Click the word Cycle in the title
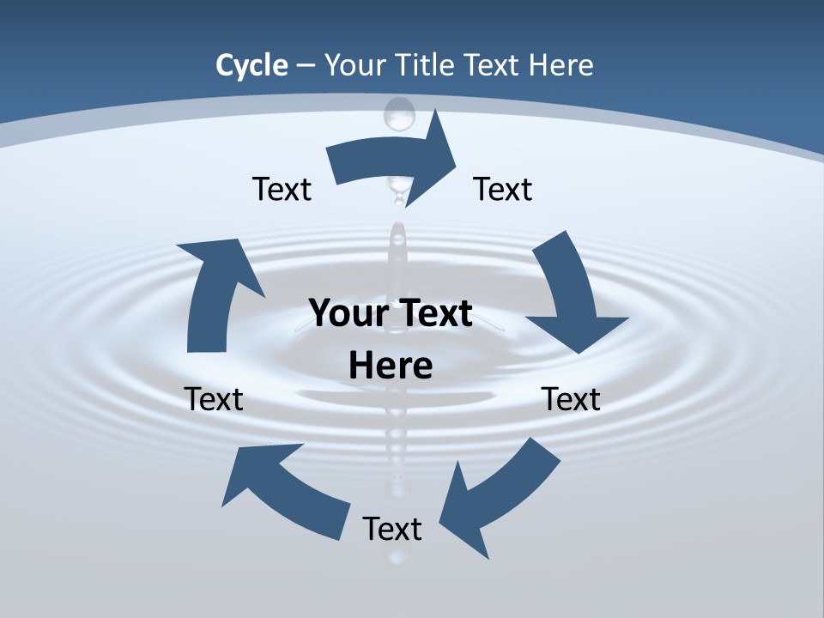coord(251,65)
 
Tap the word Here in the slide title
coord(560,65)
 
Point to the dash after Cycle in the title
coord(306,66)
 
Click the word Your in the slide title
coord(354,65)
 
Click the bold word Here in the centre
coord(391,366)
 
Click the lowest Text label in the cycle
coord(392,529)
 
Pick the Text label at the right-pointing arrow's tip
coord(503,189)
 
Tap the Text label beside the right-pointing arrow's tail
coord(282,189)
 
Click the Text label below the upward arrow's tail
coord(214,399)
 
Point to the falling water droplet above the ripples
coord(398,114)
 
